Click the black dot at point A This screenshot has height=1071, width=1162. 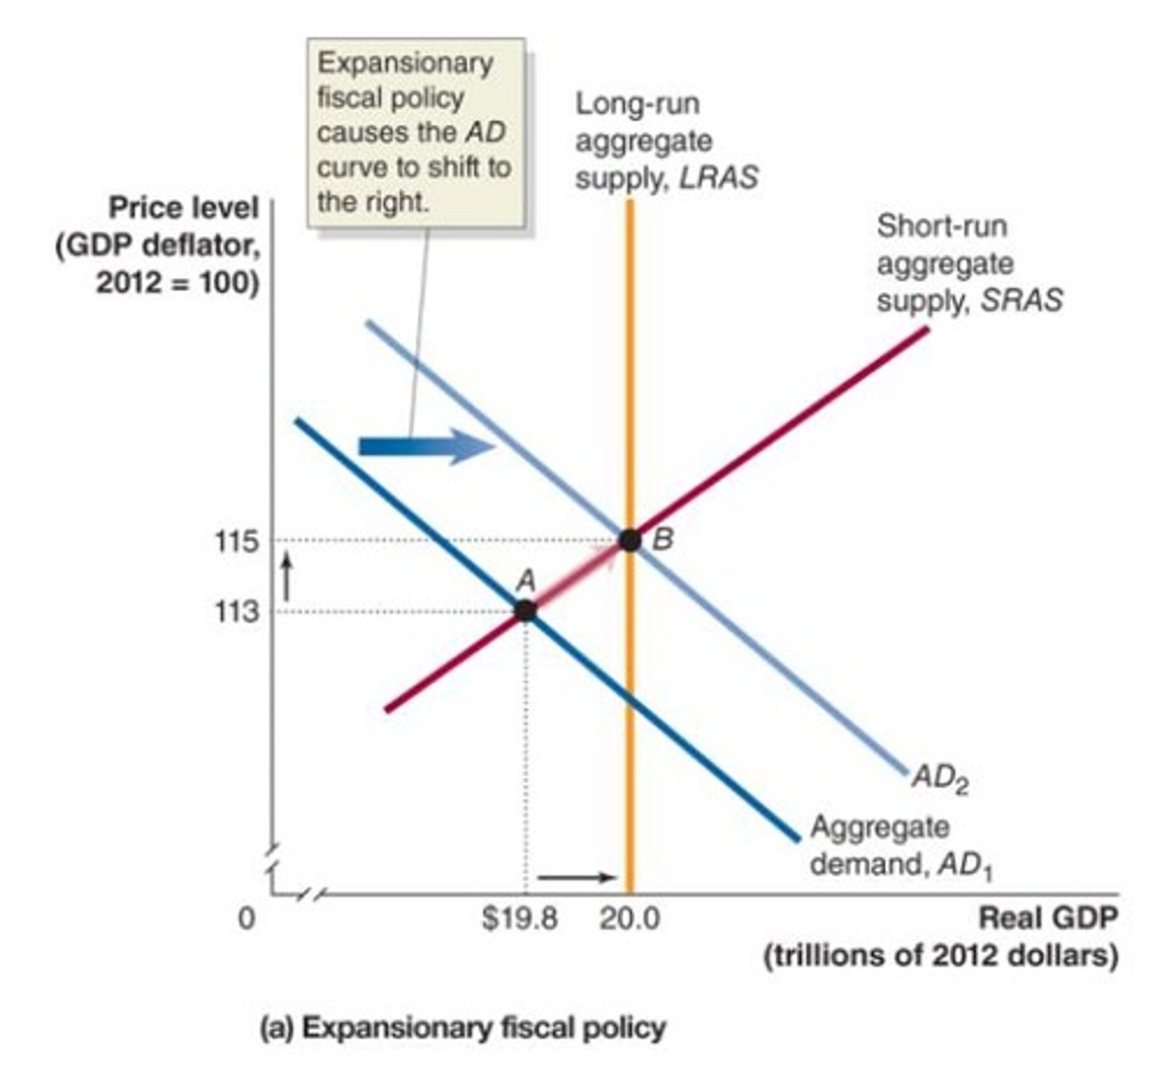coord(525,610)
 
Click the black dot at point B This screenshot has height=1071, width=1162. coord(631,540)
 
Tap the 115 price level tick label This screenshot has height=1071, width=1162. coord(236,542)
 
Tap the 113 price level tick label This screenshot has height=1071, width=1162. coord(236,612)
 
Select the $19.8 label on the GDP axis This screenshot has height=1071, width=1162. coord(520,918)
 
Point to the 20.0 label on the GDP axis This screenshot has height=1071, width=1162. coord(630,918)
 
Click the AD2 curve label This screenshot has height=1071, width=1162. coord(940,780)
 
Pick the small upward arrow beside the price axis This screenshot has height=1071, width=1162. coord(287,577)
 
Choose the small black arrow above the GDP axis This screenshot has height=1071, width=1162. coord(577,876)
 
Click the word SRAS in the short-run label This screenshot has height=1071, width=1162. coord(1021,301)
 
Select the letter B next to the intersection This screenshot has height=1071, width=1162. coord(662,539)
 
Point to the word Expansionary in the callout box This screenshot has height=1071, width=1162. coord(405,63)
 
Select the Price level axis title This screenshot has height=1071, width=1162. coord(183,208)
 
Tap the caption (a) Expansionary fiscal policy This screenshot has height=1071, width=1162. coord(462,1028)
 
